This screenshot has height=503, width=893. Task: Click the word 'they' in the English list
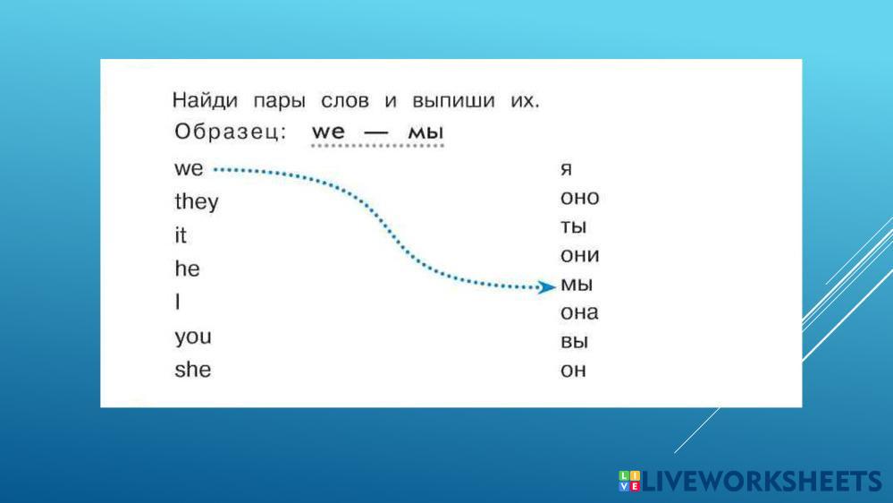(x=197, y=202)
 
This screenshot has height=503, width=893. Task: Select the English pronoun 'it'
(x=181, y=235)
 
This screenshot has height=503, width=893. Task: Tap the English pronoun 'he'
(x=188, y=268)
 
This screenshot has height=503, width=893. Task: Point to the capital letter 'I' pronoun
(x=178, y=301)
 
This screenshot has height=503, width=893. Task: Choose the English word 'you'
(x=193, y=337)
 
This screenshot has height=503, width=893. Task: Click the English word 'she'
(x=193, y=369)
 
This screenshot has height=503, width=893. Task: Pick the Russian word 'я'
(x=566, y=169)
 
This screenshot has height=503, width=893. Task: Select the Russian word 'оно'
(x=580, y=197)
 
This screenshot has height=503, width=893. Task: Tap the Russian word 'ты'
(x=574, y=226)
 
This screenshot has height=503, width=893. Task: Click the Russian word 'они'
(x=580, y=255)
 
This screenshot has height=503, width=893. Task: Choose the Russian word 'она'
(x=580, y=312)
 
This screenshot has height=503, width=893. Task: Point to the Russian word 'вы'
(x=575, y=341)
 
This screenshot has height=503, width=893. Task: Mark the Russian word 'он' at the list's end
(x=574, y=371)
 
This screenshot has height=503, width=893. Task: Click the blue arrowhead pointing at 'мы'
(x=547, y=287)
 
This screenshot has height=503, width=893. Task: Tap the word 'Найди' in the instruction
(x=205, y=100)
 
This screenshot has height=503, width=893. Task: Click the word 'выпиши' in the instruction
(x=453, y=101)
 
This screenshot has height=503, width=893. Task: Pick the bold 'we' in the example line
(x=329, y=132)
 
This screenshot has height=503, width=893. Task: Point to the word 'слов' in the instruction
(x=345, y=101)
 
